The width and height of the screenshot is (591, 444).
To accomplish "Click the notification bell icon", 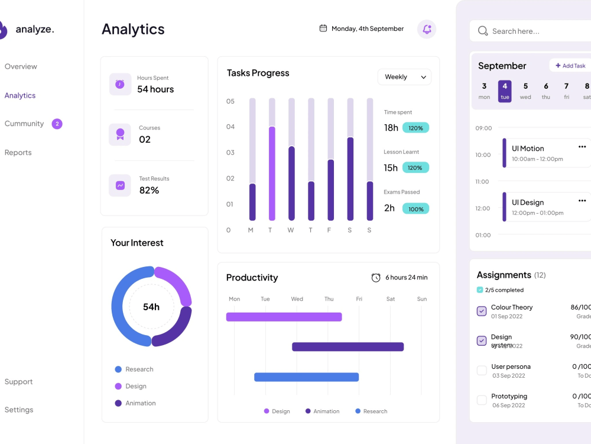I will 427,29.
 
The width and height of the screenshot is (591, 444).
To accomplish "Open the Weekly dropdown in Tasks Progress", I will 404,77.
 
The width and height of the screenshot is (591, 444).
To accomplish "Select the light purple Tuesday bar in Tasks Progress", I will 272,173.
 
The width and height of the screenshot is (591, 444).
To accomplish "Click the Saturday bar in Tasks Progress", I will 350,179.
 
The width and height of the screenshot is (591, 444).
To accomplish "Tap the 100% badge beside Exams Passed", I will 415,209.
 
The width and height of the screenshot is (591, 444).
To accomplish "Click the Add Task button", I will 570,66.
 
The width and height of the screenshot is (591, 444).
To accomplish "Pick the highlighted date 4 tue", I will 505,91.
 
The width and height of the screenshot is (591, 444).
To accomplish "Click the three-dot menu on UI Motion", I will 582,147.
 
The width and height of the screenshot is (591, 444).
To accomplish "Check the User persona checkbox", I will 482,371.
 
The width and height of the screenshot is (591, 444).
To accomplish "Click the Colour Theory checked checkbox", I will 482,311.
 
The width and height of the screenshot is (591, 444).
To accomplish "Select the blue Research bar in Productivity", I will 306,377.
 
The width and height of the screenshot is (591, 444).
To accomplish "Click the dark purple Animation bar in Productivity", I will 348,347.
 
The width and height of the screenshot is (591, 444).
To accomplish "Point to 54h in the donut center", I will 151,307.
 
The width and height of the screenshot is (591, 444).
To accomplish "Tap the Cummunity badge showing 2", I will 57,124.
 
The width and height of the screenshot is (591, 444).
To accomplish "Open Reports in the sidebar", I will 18,153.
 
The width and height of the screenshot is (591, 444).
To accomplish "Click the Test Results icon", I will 120,185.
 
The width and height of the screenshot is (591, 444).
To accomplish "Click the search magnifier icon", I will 483,31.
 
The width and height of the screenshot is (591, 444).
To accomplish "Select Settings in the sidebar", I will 19,410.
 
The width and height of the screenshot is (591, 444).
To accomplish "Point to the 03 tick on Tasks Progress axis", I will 230,153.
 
